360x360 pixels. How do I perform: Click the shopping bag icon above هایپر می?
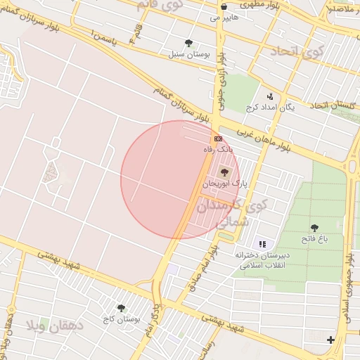(224, 7)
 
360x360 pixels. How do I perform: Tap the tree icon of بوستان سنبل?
(188, 43)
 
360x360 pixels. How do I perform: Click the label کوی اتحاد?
(289, 51)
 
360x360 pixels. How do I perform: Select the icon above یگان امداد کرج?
(269, 97)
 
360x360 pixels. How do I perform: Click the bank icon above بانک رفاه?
(218, 139)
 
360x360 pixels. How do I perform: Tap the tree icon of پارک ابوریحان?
(225, 172)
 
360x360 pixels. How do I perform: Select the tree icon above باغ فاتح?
(314, 228)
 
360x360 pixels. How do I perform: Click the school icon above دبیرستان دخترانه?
(262, 244)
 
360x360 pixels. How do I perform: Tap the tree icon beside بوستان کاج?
(121, 308)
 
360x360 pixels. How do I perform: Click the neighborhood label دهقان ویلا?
(56, 326)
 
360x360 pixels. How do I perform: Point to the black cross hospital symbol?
(330, 340)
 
